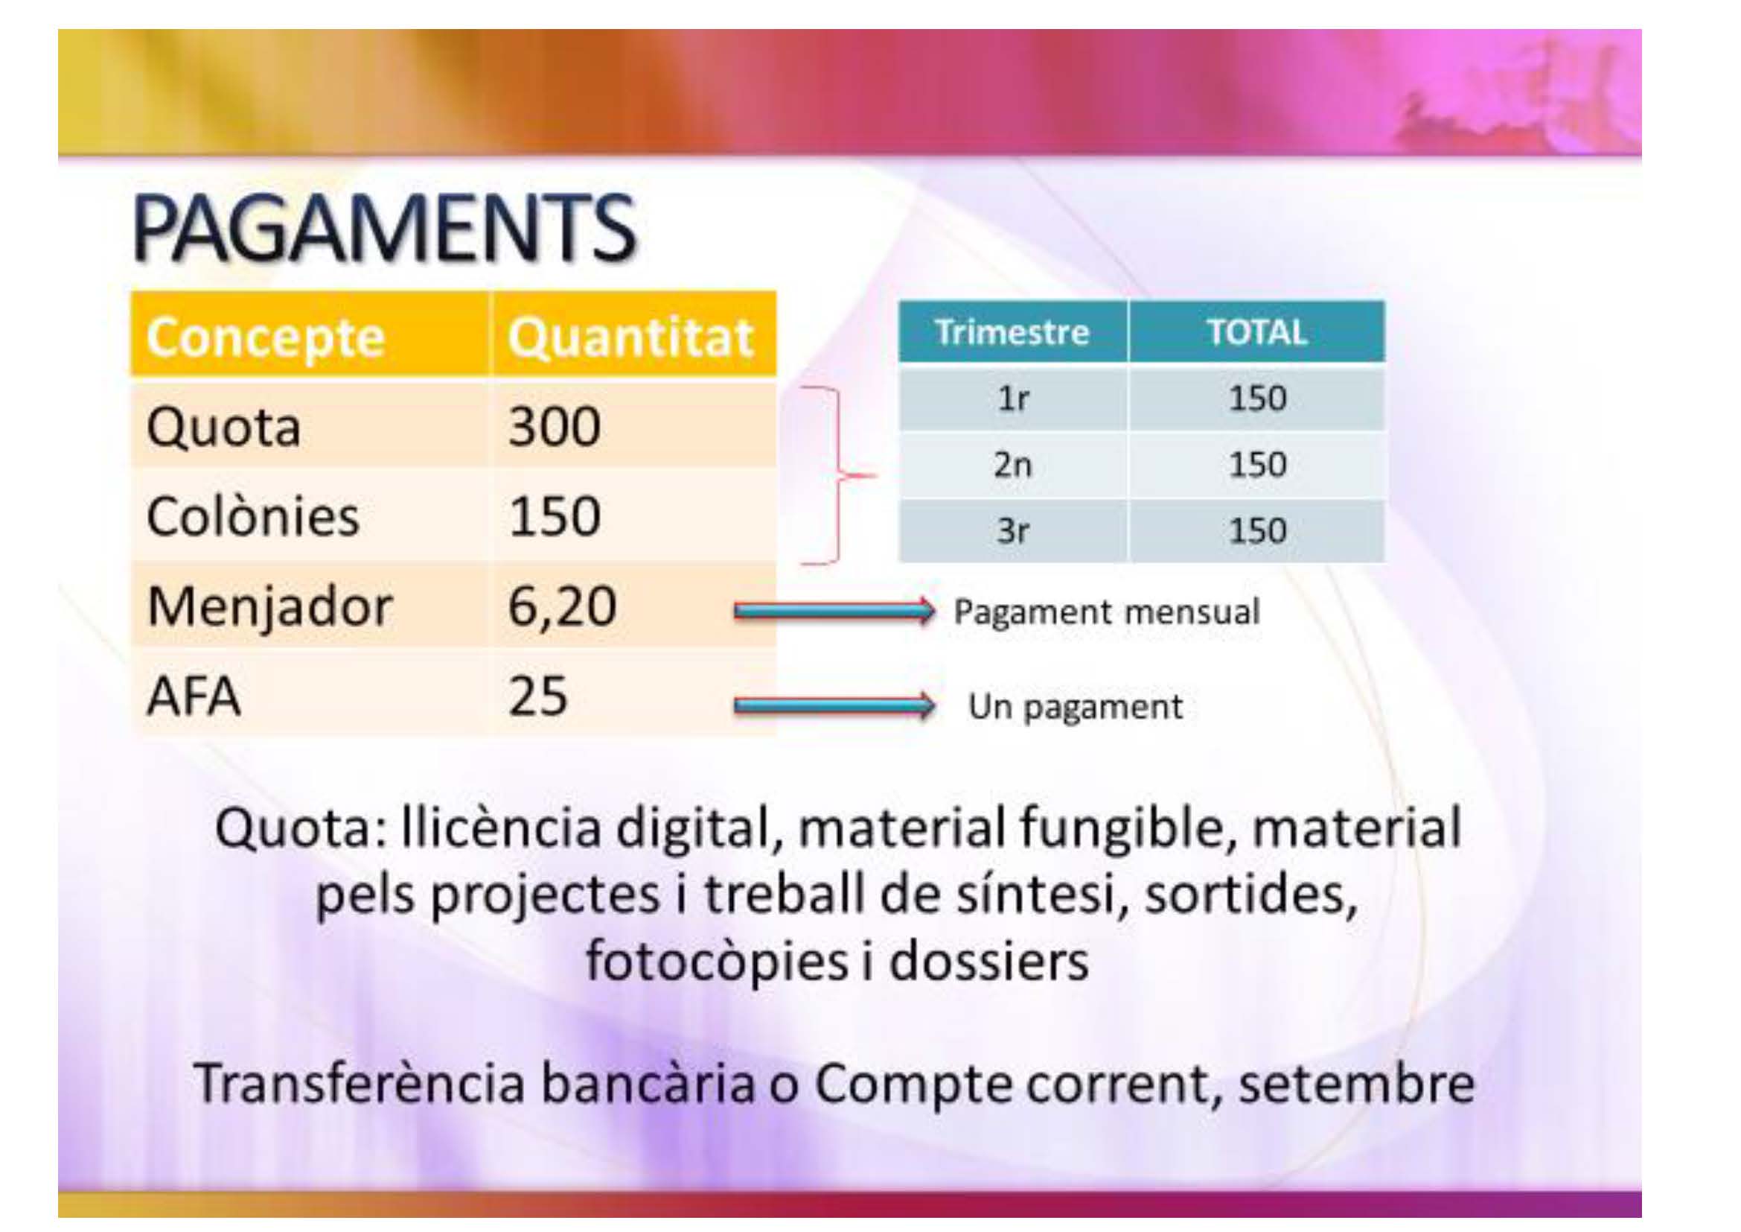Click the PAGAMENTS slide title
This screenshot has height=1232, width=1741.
tap(384, 229)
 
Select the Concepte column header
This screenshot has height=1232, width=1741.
tap(266, 337)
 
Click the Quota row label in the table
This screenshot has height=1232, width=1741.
tap(224, 427)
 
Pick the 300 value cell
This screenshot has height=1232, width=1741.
tap(555, 426)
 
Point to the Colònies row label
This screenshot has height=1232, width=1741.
tap(252, 517)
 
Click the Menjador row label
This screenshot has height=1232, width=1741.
tap(269, 607)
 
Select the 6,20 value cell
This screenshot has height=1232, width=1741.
tap(562, 607)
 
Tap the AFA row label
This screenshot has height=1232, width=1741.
tap(194, 696)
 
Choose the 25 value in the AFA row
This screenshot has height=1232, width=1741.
tap(537, 696)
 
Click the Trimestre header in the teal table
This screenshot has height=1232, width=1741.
tap(1012, 332)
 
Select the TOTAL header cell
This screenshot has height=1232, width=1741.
tap(1256, 332)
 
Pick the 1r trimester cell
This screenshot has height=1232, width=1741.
tap(1012, 399)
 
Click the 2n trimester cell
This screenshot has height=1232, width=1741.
tap(1013, 464)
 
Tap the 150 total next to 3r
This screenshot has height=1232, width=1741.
tap(1257, 530)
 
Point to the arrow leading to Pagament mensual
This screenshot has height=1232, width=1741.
tap(834, 610)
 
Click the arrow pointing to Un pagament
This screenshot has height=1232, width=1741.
tap(834, 705)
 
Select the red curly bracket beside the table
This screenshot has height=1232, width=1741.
tap(838, 477)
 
